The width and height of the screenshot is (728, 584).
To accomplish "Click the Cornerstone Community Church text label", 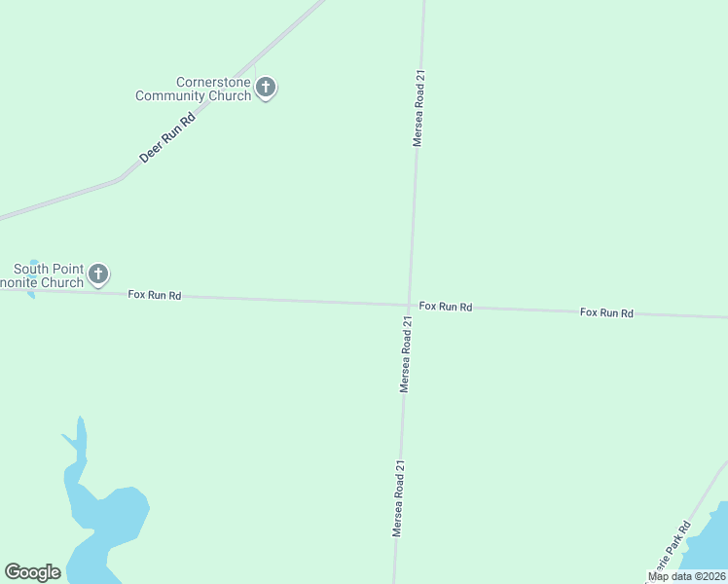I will click(194, 89).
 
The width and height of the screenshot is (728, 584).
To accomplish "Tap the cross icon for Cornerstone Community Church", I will click(266, 89).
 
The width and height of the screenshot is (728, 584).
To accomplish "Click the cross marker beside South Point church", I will click(98, 274).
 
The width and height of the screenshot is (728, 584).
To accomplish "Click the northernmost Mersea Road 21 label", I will click(419, 107).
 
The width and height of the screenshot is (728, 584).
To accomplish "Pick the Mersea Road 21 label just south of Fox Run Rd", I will click(407, 352).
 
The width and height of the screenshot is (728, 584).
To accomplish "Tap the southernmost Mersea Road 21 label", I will click(397, 498).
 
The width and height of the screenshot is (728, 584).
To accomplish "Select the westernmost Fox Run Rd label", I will click(154, 294).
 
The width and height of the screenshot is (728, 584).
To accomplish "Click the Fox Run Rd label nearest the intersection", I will click(446, 307).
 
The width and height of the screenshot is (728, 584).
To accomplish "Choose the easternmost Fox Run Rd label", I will click(606, 312).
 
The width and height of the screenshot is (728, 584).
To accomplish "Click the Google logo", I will click(33, 572).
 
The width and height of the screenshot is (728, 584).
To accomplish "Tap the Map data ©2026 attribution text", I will click(686, 576).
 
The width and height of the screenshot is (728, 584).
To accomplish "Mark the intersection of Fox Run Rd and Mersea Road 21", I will click(409, 305).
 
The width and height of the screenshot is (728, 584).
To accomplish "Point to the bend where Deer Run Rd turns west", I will click(120, 179).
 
